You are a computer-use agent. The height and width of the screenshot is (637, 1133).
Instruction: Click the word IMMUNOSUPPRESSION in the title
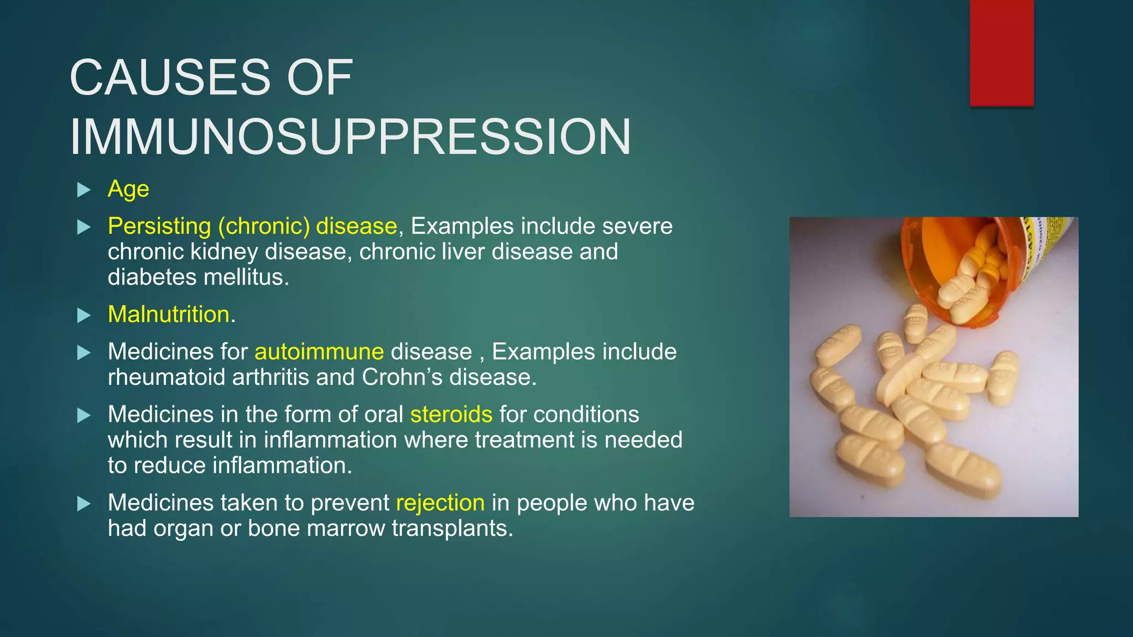pos(350,137)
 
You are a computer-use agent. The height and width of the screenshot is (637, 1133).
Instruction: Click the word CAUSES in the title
pos(170,77)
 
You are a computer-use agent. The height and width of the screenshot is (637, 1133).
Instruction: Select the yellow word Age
pos(128,190)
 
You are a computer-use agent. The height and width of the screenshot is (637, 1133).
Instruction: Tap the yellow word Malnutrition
pos(168,315)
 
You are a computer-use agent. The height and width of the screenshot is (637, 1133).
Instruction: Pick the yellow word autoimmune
pos(319,352)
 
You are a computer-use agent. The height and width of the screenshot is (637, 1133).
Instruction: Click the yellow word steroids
pos(451,414)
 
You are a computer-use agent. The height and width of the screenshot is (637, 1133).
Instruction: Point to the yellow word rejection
pos(440,503)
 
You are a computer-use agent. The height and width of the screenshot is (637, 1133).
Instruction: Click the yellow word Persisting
pos(159,226)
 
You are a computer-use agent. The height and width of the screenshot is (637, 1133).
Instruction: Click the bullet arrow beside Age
pos(84,190)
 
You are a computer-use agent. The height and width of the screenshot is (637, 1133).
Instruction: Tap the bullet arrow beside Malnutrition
pos(84,316)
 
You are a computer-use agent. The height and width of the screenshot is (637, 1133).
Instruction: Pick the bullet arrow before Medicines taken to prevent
pos(84,504)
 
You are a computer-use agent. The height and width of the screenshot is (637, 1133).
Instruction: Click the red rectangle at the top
pos(1001,53)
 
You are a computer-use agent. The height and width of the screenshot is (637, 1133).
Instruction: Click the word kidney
pos(224,252)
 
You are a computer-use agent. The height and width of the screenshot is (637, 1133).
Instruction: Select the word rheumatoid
pos(167,377)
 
